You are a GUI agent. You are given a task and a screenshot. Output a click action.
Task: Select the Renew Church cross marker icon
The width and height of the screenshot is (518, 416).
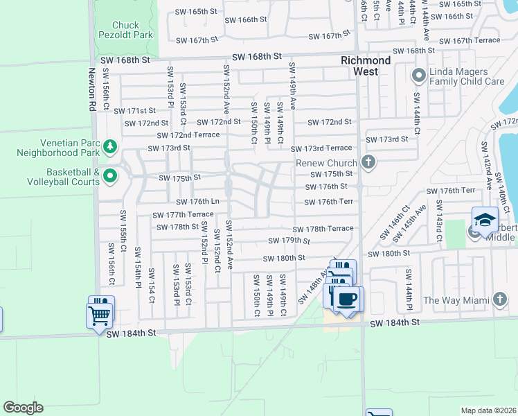pos(368,162)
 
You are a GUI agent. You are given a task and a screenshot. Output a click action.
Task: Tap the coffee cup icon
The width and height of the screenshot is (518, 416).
pos(346,300)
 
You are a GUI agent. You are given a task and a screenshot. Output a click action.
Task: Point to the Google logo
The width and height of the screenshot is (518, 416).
pos(22,408)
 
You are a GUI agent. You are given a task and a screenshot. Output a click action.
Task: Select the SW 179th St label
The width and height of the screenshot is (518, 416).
pos(289,241)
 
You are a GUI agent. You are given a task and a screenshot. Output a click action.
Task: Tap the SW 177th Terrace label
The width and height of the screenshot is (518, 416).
pos(179,215)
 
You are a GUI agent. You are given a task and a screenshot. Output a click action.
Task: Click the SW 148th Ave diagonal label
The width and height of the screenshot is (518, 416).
pos(314,287)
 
